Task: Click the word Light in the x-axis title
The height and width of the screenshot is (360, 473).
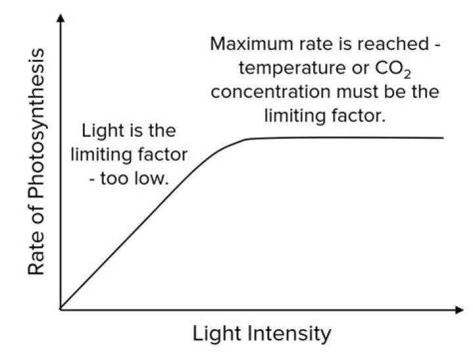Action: click(217, 334)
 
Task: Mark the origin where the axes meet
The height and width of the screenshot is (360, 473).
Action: click(60, 308)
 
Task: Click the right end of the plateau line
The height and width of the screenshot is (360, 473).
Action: click(443, 138)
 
